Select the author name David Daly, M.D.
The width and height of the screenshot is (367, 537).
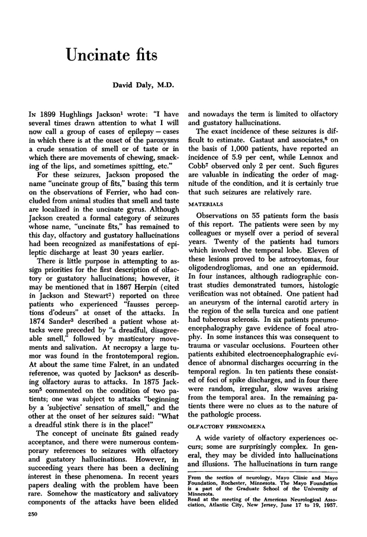coord(145,86)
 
